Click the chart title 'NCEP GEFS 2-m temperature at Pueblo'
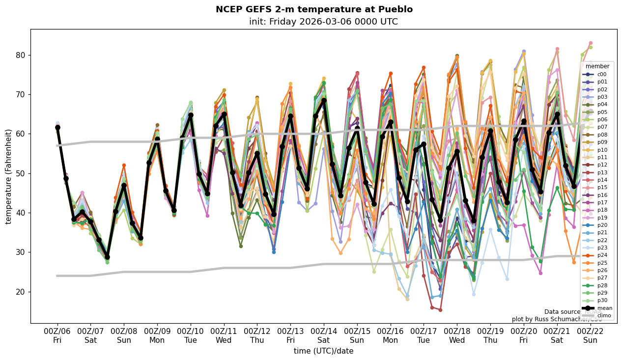[x=314, y=9]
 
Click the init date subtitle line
[x=323, y=22]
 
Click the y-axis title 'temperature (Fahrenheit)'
[x=9, y=176]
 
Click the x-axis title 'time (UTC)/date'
[x=323, y=351]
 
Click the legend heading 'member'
[x=597, y=66]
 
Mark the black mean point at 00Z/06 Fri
[x=57, y=127]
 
